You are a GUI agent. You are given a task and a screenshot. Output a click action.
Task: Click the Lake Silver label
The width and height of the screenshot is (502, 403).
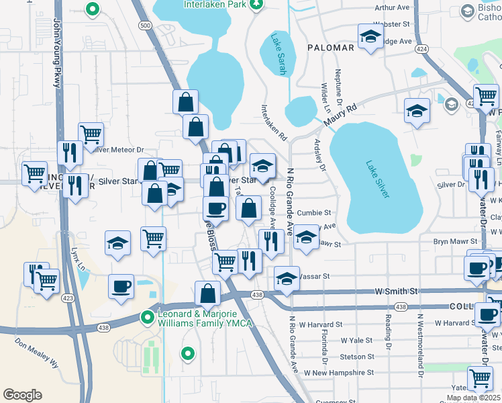click(x=377, y=178)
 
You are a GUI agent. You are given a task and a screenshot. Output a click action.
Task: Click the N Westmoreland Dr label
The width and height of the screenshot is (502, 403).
click(x=421, y=345)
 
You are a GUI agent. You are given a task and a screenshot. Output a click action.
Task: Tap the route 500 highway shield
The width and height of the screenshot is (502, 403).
click(x=145, y=25)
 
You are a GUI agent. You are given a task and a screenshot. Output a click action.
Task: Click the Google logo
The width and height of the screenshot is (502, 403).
click(x=22, y=395)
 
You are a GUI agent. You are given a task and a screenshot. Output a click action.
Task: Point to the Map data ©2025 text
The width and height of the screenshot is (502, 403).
click(x=473, y=398)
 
